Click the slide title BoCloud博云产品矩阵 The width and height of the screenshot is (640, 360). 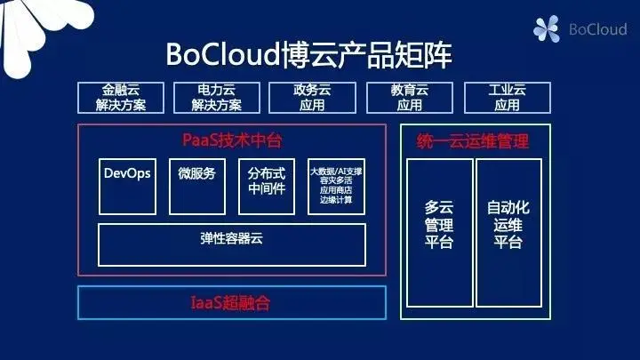(x=308, y=54)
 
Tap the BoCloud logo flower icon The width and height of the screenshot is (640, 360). (x=547, y=30)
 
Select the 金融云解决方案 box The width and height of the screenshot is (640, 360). (x=124, y=98)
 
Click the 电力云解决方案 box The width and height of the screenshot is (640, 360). (x=217, y=98)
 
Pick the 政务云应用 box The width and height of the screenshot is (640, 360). (x=312, y=98)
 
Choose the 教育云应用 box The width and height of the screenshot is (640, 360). (x=409, y=98)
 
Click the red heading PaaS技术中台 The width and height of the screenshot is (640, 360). (x=231, y=140)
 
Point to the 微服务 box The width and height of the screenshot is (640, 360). (x=196, y=187)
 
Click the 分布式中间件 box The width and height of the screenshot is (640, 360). (x=267, y=187)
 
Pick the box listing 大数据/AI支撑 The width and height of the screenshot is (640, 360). (x=336, y=187)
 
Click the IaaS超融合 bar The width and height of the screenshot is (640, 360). (x=231, y=303)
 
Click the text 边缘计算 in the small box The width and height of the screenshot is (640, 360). (x=336, y=200)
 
